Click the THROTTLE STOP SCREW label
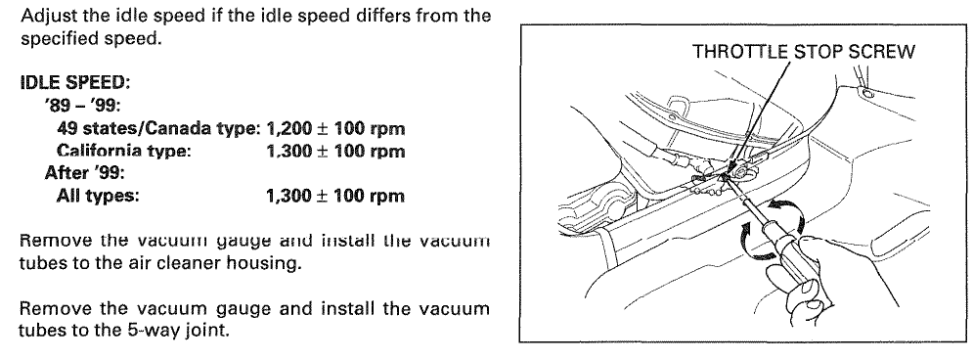tap(803, 52)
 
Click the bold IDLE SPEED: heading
tap(75, 82)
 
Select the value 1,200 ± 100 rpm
tap(335, 129)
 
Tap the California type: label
tap(123, 152)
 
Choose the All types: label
tap(98, 197)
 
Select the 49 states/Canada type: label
tap(158, 129)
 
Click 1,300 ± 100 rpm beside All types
tap(335, 197)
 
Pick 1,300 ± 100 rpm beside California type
tap(335, 152)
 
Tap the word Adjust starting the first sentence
tap(50, 16)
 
